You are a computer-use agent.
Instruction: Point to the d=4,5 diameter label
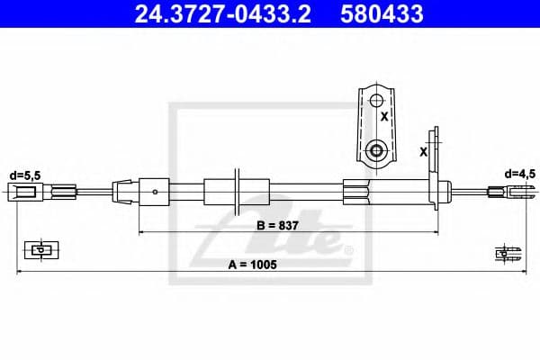520,173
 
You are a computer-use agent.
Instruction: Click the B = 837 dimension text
274,225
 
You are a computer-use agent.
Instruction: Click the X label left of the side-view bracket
424,152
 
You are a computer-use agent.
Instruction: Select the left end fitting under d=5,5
24,190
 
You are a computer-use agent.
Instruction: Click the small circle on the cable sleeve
157,190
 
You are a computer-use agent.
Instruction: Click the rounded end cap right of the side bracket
444,190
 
